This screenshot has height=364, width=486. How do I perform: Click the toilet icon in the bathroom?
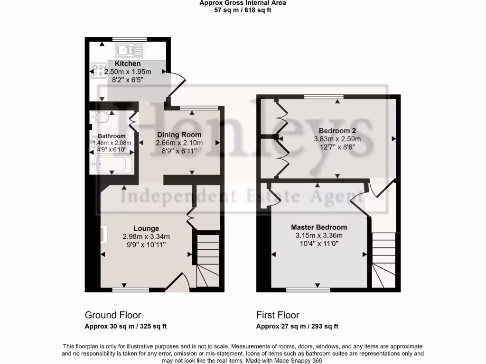pos(100,117)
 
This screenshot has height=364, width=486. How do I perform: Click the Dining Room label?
pos(179,135)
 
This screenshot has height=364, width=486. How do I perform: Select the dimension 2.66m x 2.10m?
pos(179,143)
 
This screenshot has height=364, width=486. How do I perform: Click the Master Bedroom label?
pos(318,227)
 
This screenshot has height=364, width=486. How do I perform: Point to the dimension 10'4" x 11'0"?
pos(318,243)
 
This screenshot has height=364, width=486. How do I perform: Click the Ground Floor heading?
pos(112,315)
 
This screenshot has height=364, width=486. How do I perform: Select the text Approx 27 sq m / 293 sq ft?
pos(297,326)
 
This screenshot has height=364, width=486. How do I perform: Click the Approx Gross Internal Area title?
pos(243,3)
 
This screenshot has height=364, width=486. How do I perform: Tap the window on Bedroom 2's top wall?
pos(324,97)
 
